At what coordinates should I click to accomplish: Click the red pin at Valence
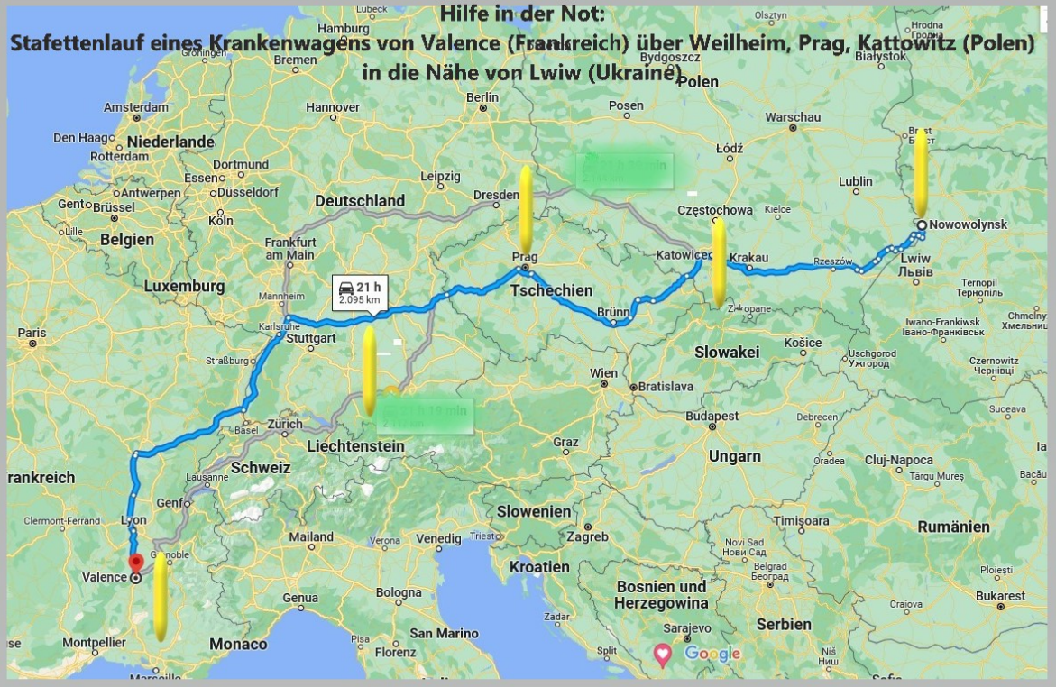coord(136,563)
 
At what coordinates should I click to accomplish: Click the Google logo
coord(712,654)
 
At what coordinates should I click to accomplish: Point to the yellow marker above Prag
coord(525,207)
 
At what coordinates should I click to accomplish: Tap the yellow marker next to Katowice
coord(719,261)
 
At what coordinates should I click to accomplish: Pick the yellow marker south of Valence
coord(160,597)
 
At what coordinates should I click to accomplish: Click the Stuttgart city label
coord(309,338)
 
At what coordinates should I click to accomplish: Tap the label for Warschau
coord(793,117)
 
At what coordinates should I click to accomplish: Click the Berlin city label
coord(483,97)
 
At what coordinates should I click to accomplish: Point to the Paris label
coord(31,333)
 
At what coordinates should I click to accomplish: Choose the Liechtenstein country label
coord(355,446)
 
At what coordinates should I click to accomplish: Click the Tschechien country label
coord(552,290)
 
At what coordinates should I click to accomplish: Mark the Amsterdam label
coord(136,106)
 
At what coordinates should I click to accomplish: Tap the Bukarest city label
coord(999,596)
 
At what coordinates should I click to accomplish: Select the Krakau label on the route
coord(748,257)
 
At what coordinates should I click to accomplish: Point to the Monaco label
coord(238,644)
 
